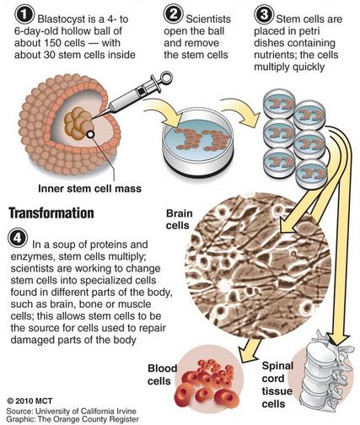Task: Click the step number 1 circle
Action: tap(25, 15)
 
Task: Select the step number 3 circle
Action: tap(264, 14)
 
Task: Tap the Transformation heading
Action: tap(51, 213)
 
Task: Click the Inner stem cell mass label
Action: tap(89, 188)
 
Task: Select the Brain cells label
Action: tap(180, 219)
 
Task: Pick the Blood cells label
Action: tap(163, 374)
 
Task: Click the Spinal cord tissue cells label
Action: tap(277, 385)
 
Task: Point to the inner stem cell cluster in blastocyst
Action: tap(79, 124)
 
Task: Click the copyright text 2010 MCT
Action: tap(30, 401)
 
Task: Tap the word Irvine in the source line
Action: tap(124, 411)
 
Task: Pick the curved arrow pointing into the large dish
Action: tap(163, 112)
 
